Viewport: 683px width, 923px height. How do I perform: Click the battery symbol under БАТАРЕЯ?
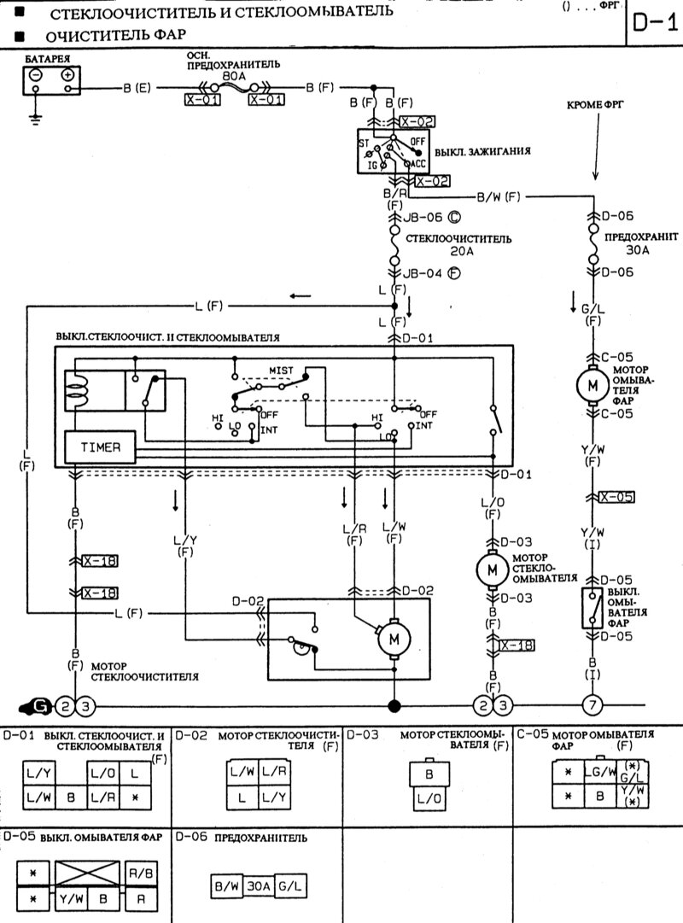click(x=51, y=80)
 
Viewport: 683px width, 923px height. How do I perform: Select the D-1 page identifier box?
click(x=655, y=22)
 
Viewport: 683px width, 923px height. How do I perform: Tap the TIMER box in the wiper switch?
click(x=100, y=447)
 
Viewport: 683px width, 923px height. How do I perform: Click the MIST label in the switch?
click(x=281, y=371)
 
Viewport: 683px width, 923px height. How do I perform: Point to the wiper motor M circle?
click(x=394, y=638)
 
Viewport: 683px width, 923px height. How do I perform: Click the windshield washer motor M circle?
click(x=491, y=568)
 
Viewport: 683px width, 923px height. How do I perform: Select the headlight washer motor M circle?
click(x=592, y=385)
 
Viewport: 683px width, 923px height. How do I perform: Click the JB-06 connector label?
click(x=423, y=217)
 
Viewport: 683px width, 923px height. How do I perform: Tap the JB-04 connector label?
click(x=423, y=274)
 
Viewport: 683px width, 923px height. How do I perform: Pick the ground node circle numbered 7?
click(x=592, y=705)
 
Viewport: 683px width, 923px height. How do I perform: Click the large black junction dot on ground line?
click(x=394, y=705)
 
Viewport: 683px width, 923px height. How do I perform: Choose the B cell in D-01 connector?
click(x=71, y=797)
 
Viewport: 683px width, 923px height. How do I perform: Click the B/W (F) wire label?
click(x=499, y=197)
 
